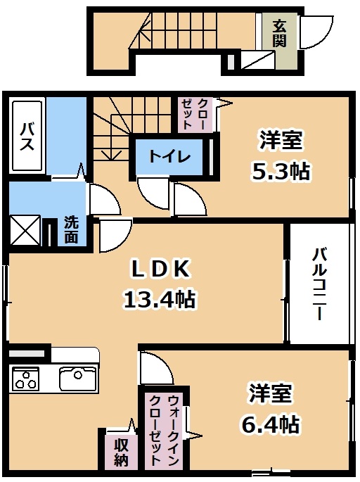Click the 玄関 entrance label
click(x=279, y=33)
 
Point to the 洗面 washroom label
click(x=71, y=230)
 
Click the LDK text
click(x=160, y=269)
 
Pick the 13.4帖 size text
click(x=159, y=299)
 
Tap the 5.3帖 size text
click(x=281, y=171)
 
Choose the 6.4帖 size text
click(x=269, y=424)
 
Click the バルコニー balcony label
click(x=319, y=284)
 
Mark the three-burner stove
click(x=26, y=379)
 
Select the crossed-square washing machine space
click(x=25, y=230)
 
